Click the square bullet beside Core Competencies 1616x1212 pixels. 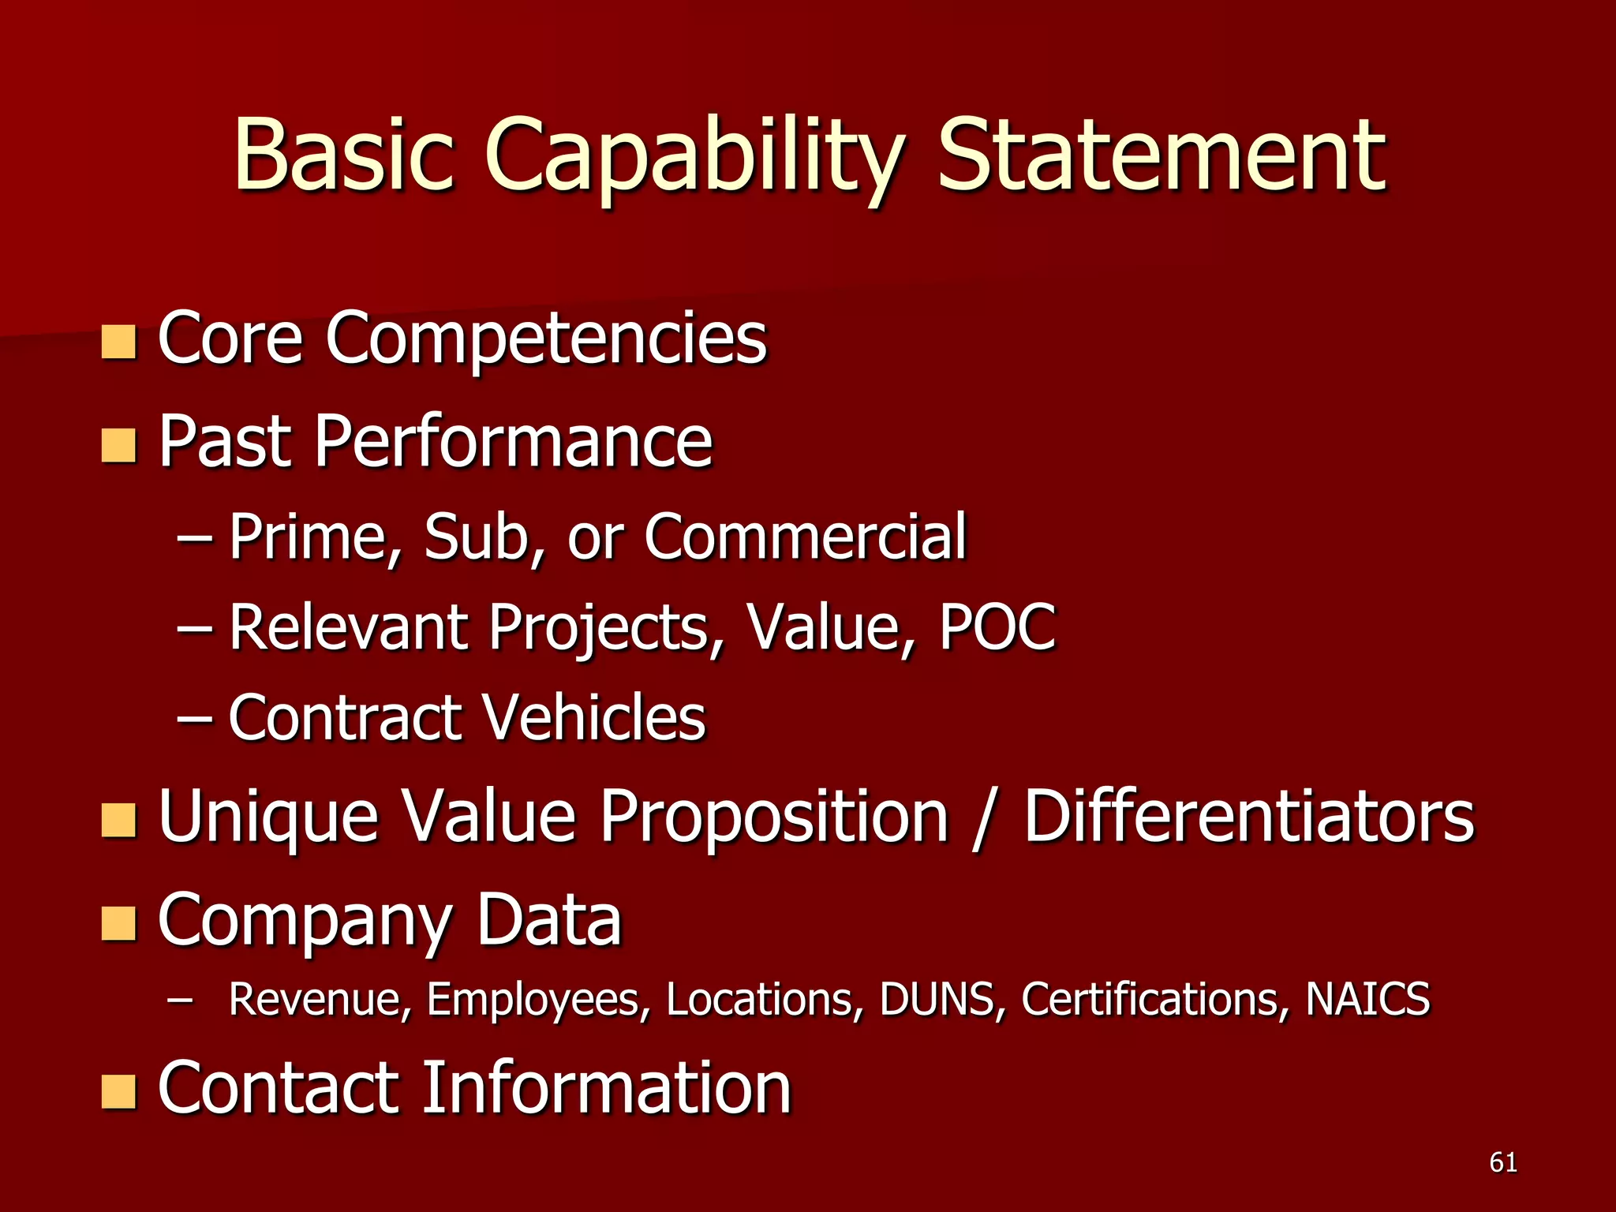[118, 342]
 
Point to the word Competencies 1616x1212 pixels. [546, 339]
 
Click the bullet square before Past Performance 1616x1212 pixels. [118, 445]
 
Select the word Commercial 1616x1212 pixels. [805, 537]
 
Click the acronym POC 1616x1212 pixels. [997, 627]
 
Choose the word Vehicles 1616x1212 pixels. [593, 717]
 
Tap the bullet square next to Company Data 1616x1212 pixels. [118, 924]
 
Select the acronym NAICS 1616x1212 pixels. [1367, 999]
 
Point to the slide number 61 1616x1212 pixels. [1503, 1162]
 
